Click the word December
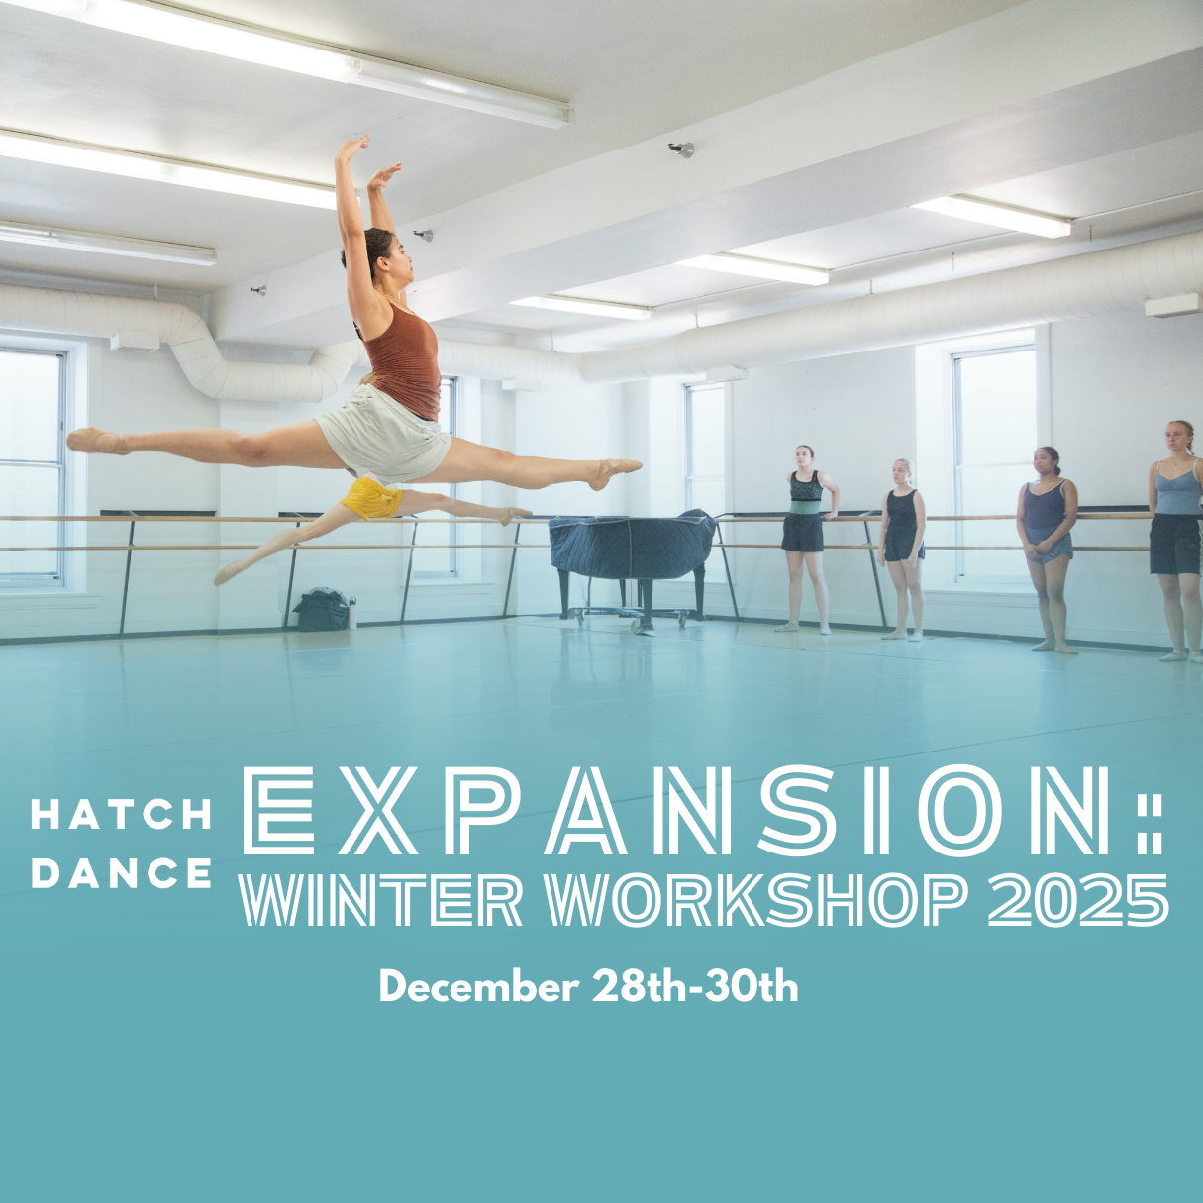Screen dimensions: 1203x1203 pyautogui.click(x=477, y=987)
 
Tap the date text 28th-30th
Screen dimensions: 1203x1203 pyautogui.click(x=694, y=987)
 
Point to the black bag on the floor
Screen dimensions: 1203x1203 pyautogui.click(x=322, y=609)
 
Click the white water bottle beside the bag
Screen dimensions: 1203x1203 pyautogui.click(x=353, y=613)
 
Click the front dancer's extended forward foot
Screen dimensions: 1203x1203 pyautogui.click(x=614, y=473)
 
